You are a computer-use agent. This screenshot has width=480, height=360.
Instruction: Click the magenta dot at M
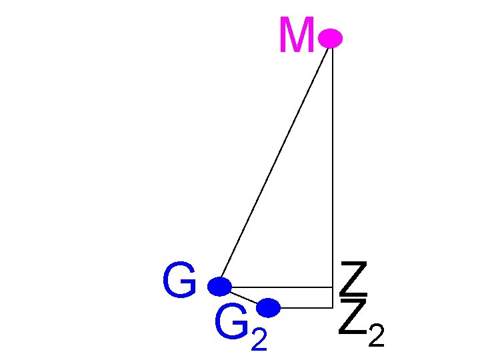pos(330,39)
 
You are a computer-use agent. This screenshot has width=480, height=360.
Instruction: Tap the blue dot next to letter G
pos(219,287)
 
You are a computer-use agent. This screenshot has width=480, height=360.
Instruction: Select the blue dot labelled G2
pos(268,307)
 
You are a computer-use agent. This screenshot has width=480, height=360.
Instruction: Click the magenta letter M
pos(297,37)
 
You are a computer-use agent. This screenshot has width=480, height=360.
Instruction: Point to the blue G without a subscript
pos(179,281)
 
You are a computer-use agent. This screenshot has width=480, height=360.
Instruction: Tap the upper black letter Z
pos(353,280)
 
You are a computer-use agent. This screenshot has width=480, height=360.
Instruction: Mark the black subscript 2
pos(376,337)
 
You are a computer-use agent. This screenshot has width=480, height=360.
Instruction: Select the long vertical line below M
pos(332,167)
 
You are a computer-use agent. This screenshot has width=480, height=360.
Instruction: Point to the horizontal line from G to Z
pos(280,287)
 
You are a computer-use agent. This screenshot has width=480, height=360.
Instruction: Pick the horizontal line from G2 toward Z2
pos(303,307)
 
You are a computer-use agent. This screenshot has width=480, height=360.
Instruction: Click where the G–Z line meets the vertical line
pos(332,287)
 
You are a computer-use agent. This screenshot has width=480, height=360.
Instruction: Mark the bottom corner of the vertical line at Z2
pos(332,307)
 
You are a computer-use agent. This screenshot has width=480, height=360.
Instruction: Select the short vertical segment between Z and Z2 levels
pos(332,297)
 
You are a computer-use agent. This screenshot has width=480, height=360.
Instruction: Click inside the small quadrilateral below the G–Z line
pos(300,297)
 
